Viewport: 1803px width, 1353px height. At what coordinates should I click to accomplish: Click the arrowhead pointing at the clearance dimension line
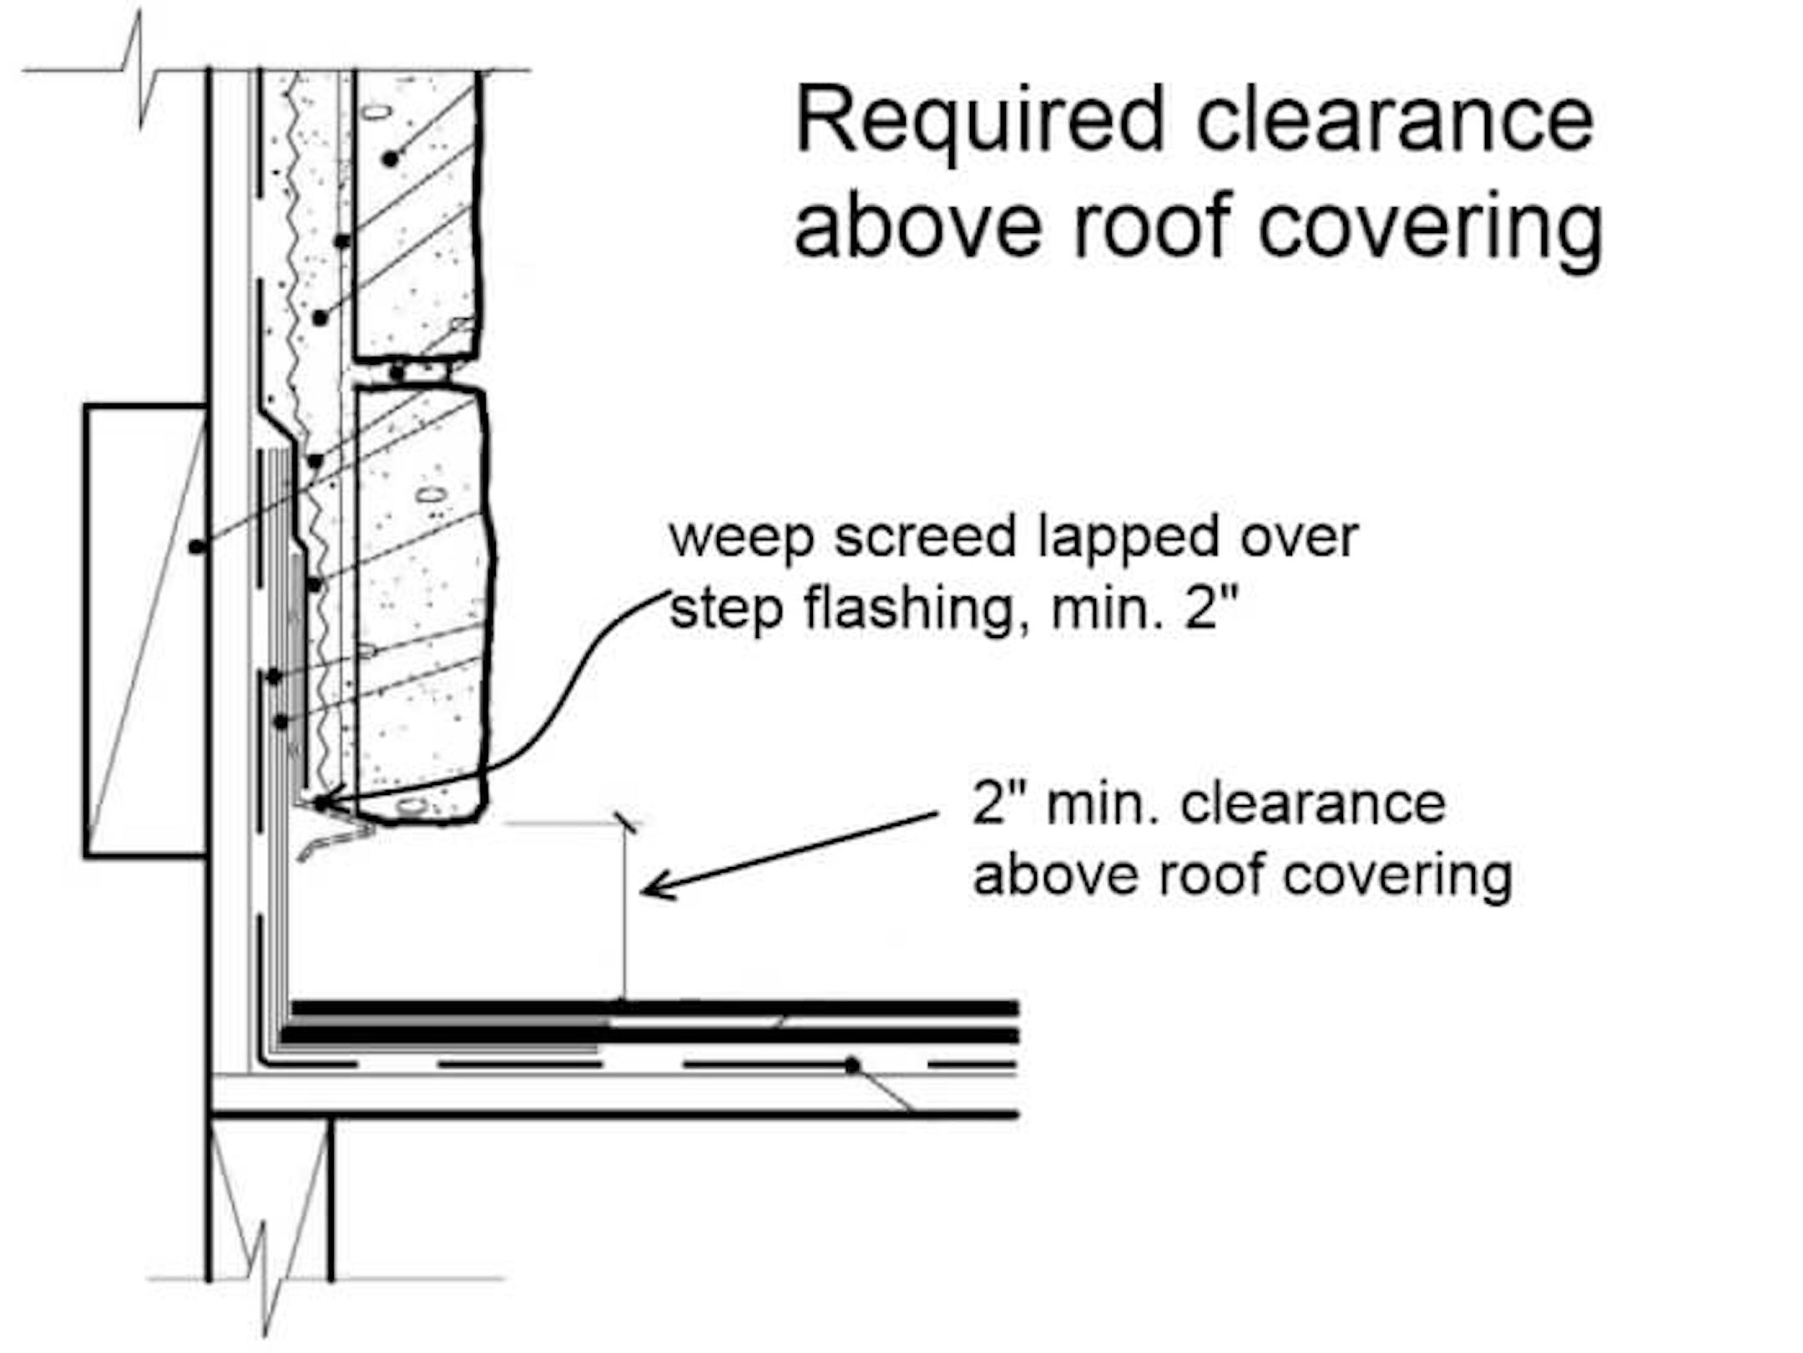click(655, 889)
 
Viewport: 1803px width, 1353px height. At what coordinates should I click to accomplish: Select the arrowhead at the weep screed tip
click(326, 803)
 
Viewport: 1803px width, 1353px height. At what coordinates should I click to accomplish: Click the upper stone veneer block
click(417, 217)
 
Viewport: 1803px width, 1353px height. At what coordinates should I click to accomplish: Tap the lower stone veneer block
click(422, 601)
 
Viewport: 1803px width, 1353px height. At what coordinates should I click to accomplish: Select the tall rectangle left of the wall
click(144, 631)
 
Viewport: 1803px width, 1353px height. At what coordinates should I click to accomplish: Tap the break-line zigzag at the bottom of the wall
click(265, 1278)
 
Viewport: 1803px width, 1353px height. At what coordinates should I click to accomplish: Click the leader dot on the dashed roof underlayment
click(851, 1066)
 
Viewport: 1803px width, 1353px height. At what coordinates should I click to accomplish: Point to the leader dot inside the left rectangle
click(196, 547)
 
